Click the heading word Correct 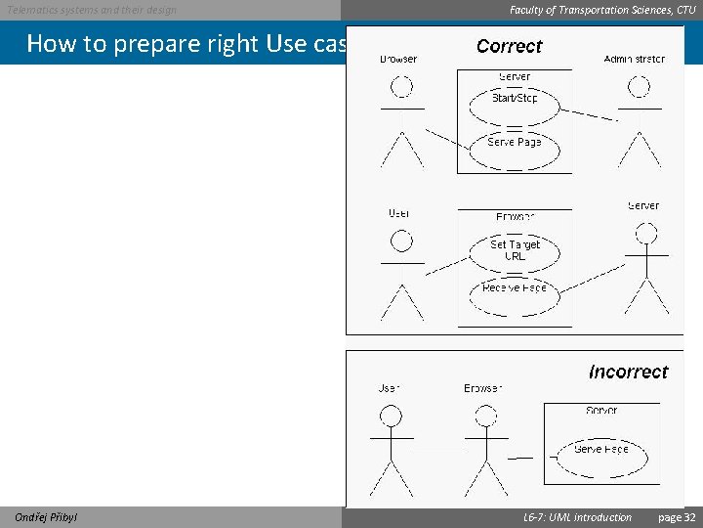pyautogui.click(x=509, y=46)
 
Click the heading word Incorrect pyautogui.click(x=628, y=372)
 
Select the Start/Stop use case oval pyautogui.click(x=515, y=99)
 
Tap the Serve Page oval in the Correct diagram pyautogui.click(x=515, y=143)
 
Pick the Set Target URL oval pyautogui.click(x=515, y=250)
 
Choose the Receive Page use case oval pyautogui.click(x=515, y=288)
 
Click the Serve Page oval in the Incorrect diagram pyautogui.click(x=600, y=450)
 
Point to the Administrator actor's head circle pyautogui.click(x=639, y=86)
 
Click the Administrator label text pyautogui.click(x=634, y=60)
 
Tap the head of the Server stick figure pyautogui.click(x=645, y=234)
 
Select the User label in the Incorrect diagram pyautogui.click(x=389, y=388)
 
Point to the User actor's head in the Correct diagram pyautogui.click(x=400, y=241)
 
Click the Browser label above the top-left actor pyautogui.click(x=398, y=60)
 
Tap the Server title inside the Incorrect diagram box pyautogui.click(x=601, y=411)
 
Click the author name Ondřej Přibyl pyautogui.click(x=47, y=517)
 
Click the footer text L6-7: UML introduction pyautogui.click(x=577, y=517)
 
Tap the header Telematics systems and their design pyautogui.click(x=92, y=10)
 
